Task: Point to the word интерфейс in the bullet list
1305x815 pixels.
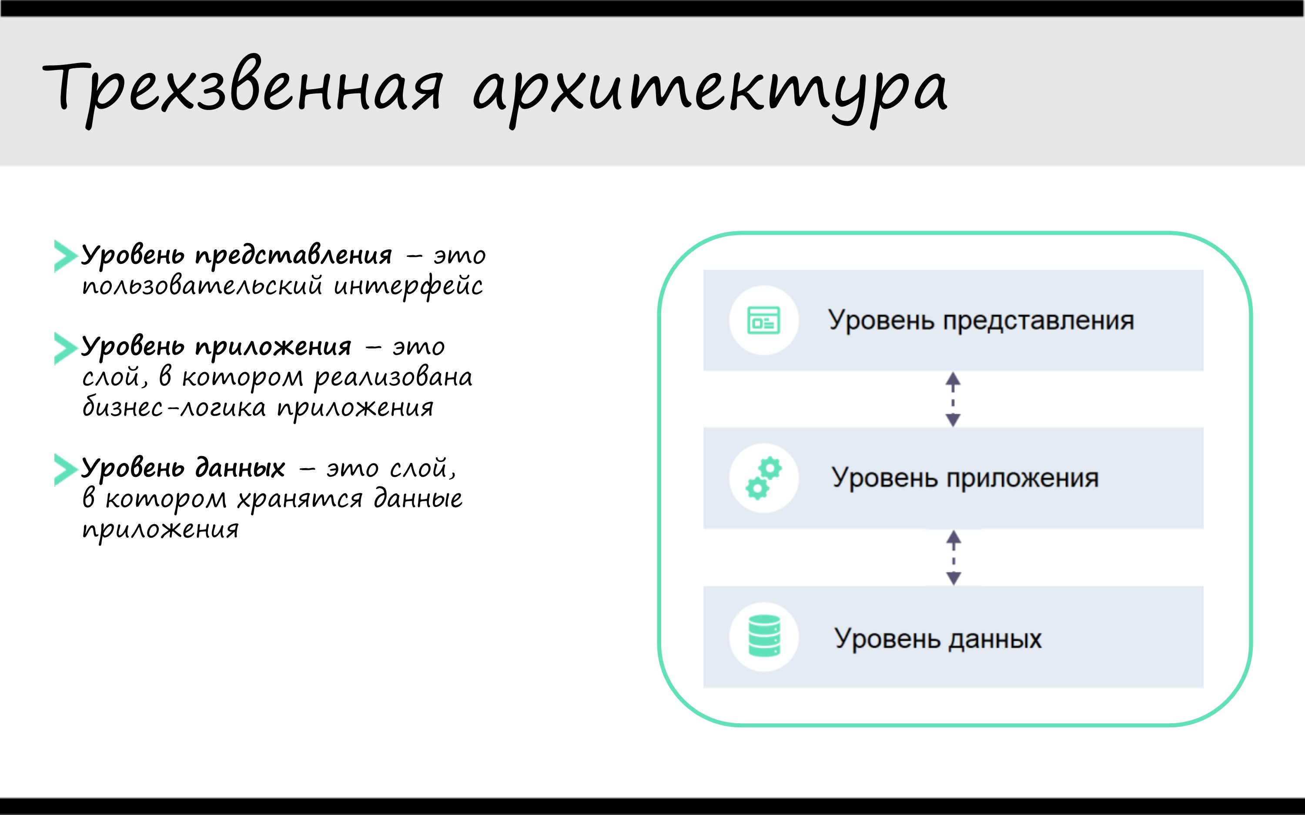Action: [408, 286]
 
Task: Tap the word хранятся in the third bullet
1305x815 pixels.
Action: [300, 499]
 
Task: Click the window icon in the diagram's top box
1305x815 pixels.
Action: [763, 321]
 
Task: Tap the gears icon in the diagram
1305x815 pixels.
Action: [763, 478]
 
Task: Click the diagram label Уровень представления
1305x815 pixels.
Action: [981, 321]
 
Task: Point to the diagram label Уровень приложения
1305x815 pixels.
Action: [965, 478]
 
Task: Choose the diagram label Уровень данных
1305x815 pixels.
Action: [938, 639]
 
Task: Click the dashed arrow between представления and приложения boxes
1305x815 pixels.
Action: [953, 399]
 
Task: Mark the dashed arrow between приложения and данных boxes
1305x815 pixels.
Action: [954, 557]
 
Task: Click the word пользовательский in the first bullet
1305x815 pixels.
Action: [202, 286]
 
